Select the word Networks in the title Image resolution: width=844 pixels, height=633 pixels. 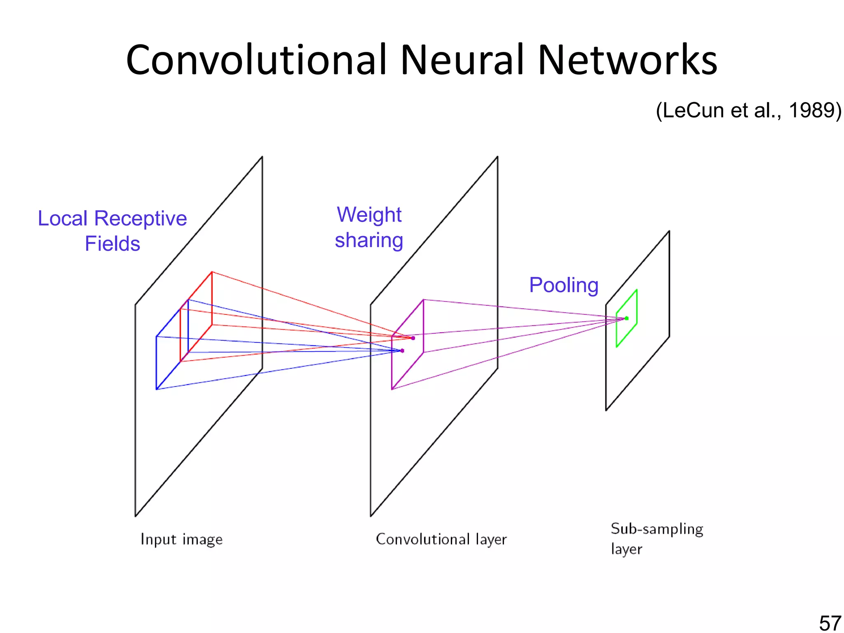[627, 61]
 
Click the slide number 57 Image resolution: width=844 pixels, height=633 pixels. [830, 623]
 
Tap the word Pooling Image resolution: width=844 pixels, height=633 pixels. [563, 285]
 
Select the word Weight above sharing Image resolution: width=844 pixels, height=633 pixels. [369, 215]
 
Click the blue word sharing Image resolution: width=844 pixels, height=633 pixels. [369, 240]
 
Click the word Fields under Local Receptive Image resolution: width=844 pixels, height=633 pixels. [112, 244]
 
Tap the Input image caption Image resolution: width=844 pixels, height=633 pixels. [181, 539]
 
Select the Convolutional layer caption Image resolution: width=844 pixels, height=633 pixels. [441, 539]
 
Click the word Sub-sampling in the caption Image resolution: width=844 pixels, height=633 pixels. [657, 529]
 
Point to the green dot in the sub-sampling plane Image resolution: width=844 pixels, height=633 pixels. [627, 318]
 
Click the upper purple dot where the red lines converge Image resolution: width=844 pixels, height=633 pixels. [413, 338]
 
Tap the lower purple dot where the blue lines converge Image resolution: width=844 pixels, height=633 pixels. [402, 351]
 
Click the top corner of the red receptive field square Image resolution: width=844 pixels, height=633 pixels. [212, 272]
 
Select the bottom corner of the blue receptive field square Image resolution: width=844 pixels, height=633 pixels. [156, 389]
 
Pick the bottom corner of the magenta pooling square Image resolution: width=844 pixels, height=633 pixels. [392, 389]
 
